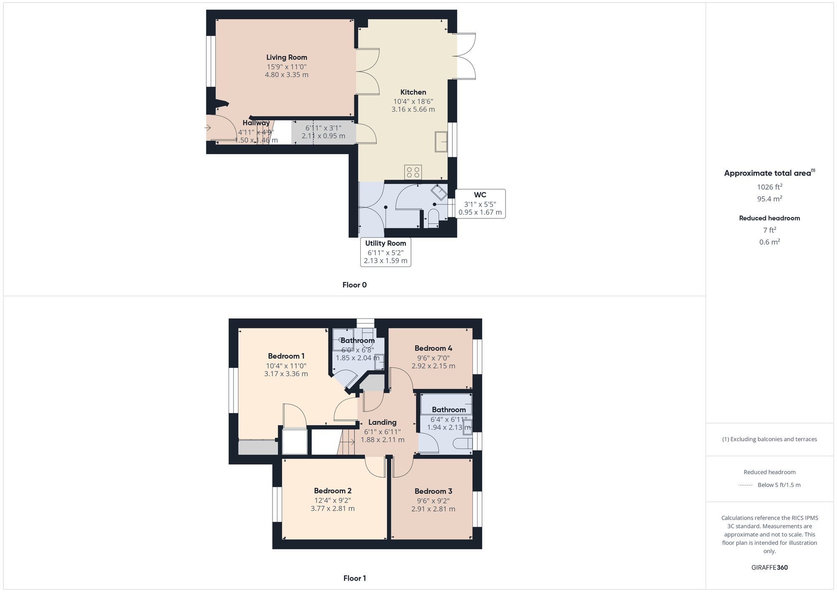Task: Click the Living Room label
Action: [287, 57]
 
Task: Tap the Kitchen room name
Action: [413, 92]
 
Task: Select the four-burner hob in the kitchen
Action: [413, 172]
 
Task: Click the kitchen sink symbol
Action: [441, 141]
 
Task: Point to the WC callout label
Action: [480, 195]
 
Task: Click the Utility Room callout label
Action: [385, 243]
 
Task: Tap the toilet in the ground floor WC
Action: [433, 218]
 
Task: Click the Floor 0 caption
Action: [354, 285]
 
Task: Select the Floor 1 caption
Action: [354, 578]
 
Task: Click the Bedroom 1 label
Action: [286, 356]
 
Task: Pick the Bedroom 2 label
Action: [333, 491]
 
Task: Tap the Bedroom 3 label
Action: [433, 491]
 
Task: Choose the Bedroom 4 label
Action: [433, 348]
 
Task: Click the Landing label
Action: [382, 422]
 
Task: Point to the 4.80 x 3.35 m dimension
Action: [287, 75]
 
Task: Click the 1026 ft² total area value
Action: [770, 187]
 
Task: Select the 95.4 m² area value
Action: [770, 199]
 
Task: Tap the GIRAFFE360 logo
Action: [770, 568]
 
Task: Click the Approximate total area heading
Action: [768, 173]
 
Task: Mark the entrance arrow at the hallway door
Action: [208, 128]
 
